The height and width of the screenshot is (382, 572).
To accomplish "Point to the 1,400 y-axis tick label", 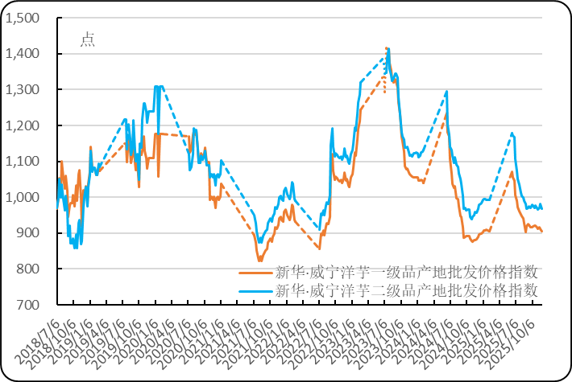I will click(x=22, y=54).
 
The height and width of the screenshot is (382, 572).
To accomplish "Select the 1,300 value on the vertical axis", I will click(x=22, y=89).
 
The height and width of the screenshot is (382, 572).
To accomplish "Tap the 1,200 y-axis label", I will click(x=22, y=125).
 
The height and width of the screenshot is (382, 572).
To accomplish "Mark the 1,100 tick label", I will click(x=22, y=161).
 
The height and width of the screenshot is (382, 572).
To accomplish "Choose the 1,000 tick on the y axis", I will click(x=22, y=197).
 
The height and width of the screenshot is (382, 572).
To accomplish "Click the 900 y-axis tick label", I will click(x=27, y=233).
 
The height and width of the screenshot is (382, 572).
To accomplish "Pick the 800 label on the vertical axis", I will click(x=27, y=269).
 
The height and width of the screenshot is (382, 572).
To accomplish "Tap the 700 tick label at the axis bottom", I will click(x=27, y=305).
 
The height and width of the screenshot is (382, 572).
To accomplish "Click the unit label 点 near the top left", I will click(x=87, y=40).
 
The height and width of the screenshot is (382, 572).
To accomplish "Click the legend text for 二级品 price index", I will click(x=406, y=290).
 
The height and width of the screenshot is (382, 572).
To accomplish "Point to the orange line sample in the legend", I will click(x=256, y=273).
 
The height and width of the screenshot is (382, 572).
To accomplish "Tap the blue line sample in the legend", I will click(x=256, y=291).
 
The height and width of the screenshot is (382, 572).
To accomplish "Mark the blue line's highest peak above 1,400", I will click(x=388, y=48).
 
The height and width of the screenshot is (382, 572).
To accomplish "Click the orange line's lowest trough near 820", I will click(x=259, y=261).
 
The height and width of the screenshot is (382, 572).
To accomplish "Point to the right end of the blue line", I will click(x=542, y=207).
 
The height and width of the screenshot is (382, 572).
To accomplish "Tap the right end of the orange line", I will click(x=542, y=232).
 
